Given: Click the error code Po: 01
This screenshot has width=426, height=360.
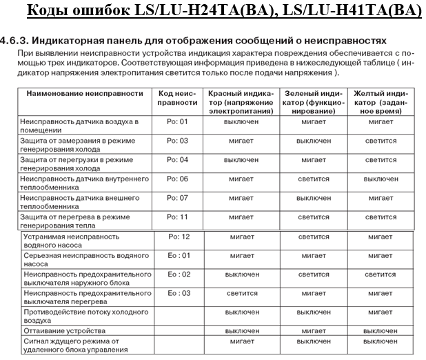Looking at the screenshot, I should click(x=178, y=122).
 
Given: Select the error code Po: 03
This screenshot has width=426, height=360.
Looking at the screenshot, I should click(x=178, y=141).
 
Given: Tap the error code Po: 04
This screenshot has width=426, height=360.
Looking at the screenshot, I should click(x=178, y=159).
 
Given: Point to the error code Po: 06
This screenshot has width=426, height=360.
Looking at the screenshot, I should click(x=178, y=179).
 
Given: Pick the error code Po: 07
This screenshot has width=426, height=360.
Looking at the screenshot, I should click(x=178, y=198).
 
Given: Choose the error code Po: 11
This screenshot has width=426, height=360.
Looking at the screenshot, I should click(x=178, y=217).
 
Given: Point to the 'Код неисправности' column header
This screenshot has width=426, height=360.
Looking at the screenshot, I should click(x=178, y=97).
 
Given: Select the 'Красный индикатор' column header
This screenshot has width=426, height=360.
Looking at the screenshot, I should click(x=241, y=101).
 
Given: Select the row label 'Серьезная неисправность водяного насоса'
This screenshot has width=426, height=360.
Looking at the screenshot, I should click(x=76, y=259).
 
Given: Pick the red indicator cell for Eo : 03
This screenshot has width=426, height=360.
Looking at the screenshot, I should click(x=241, y=292).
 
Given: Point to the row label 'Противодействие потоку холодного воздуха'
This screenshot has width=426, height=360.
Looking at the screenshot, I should click(x=76, y=316).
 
